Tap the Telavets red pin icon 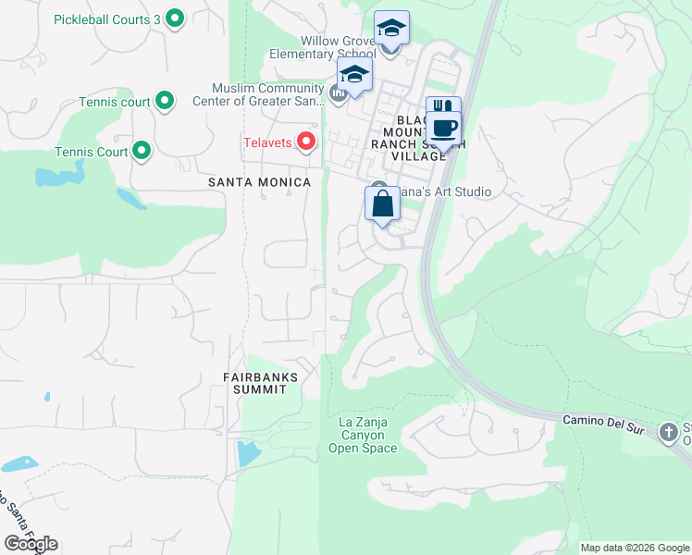pos(306,142)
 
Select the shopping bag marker pos(382,204)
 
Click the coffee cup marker pos(444,127)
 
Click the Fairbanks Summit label pos(254,383)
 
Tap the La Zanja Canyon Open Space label pos(363,436)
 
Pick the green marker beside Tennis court pos(166,100)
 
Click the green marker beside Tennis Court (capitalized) pos(142,150)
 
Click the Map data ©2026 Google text pos(635,548)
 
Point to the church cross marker pos(668,432)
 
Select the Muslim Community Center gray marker pos(338,92)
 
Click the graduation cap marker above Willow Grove pos(391,29)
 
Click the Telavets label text pos(267,142)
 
